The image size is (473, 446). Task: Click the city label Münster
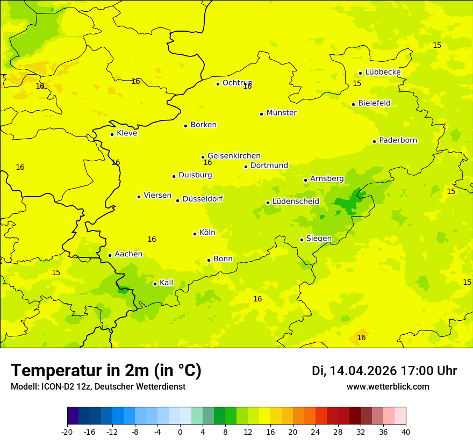click(281, 113)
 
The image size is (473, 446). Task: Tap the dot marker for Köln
click(195, 234)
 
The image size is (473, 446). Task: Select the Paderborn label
click(398, 140)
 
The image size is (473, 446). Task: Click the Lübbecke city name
click(383, 72)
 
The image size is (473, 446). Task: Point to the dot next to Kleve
click(112, 134)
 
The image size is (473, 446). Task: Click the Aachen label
click(128, 254)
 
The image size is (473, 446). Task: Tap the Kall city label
click(167, 283)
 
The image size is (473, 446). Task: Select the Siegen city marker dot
click(302, 240)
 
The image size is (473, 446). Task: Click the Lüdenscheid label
click(296, 202)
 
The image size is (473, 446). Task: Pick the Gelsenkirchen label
click(234, 156)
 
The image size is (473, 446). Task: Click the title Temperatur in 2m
click(106, 370)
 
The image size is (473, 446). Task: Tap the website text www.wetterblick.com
click(388, 387)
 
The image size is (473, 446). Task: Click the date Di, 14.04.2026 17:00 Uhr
click(384, 371)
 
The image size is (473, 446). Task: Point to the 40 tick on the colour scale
click(405, 431)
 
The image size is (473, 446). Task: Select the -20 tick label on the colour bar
click(67, 431)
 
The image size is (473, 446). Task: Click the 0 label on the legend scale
click(180, 431)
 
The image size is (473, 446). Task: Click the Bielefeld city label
click(374, 103)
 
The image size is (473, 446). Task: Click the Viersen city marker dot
click(139, 197)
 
